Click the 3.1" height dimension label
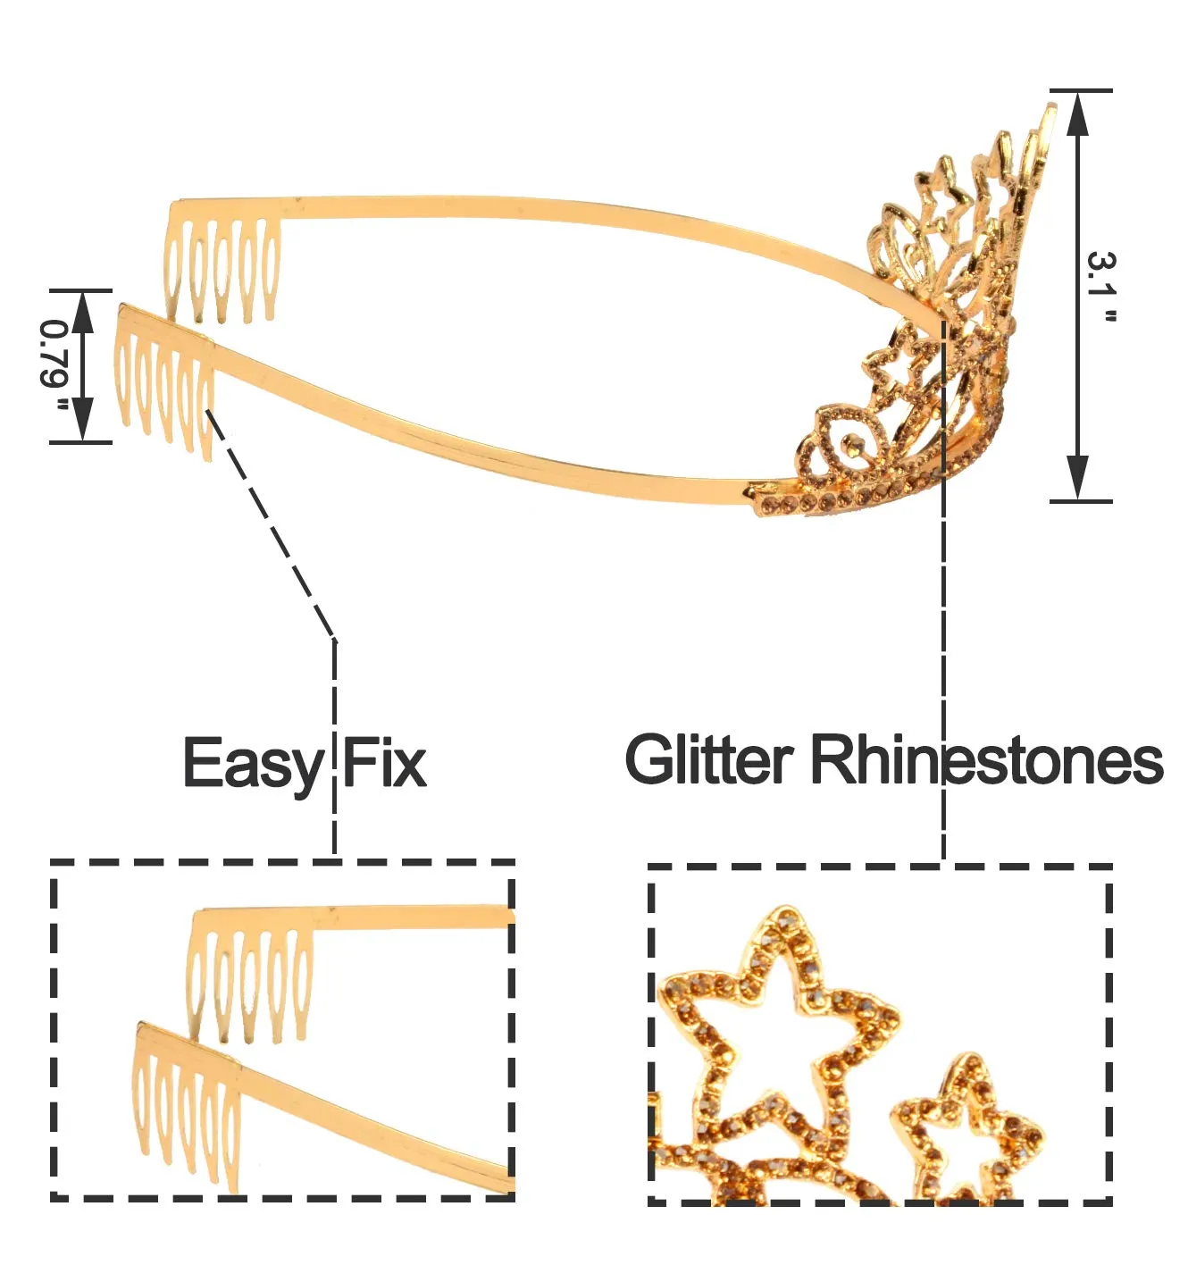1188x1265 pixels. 1102,288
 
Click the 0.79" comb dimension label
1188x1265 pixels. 55,365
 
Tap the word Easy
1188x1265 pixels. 253,764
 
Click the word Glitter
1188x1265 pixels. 709,760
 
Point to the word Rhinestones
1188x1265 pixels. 986,760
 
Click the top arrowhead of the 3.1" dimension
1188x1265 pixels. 1078,112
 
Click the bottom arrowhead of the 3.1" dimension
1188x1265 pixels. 1078,478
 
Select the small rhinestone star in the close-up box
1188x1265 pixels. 967,1130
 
